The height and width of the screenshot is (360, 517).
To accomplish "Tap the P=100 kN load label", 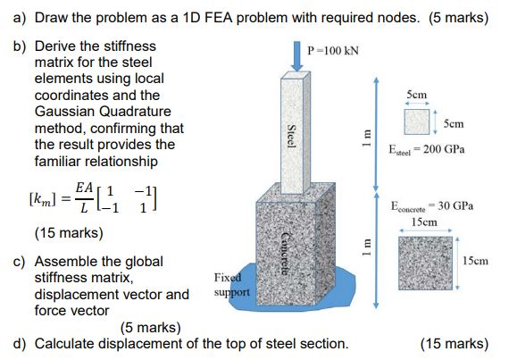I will (333, 50).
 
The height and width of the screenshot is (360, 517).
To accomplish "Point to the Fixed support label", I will (230, 285).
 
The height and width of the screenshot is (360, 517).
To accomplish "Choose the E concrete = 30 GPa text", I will (433, 206).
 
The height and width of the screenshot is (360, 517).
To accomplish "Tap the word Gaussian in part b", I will (71, 110).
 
